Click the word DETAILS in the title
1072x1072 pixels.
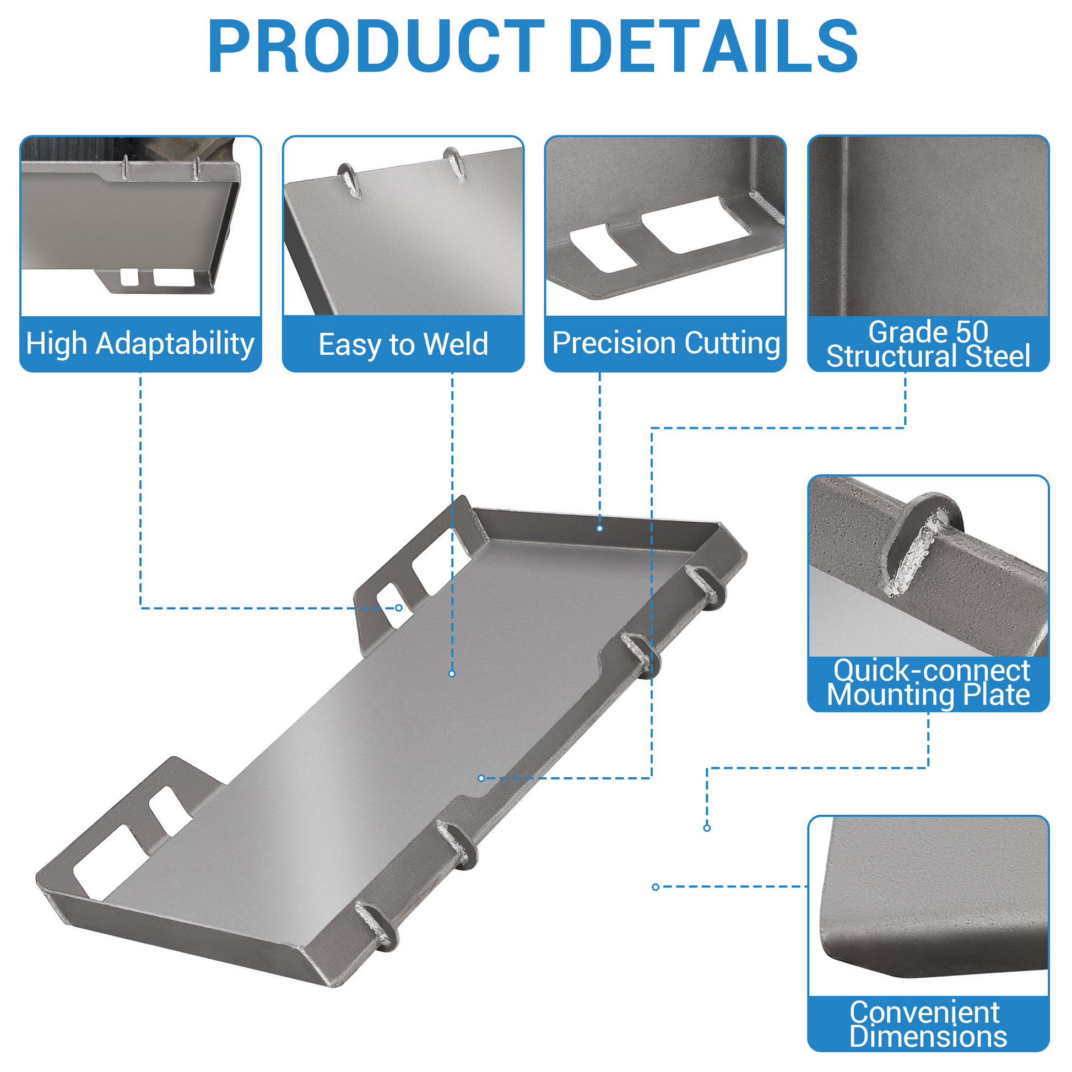click(x=714, y=46)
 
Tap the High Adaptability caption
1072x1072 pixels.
click(x=140, y=343)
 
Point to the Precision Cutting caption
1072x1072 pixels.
click(x=666, y=342)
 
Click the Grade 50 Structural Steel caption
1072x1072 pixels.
click(x=928, y=343)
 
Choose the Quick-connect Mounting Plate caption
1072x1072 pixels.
click(x=928, y=683)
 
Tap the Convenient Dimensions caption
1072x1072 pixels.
click(x=928, y=1024)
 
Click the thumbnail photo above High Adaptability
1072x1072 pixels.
click(x=140, y=226)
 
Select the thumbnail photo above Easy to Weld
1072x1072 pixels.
click(x=403, y=226)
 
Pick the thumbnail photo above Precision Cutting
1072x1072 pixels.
click(x=665, y=226)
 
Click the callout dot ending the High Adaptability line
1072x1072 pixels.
click(x=398, y=608)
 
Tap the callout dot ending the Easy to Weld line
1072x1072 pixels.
click(x=452, y=674)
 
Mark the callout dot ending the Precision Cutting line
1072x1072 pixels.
click(x=599, y=528)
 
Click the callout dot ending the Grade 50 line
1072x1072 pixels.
click(x=481, y=778)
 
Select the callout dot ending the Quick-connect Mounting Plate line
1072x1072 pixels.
click(x=707, y=828)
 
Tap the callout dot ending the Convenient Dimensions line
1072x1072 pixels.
click(x=656, y=887)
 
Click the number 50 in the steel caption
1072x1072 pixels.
click(x=972, y=332)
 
